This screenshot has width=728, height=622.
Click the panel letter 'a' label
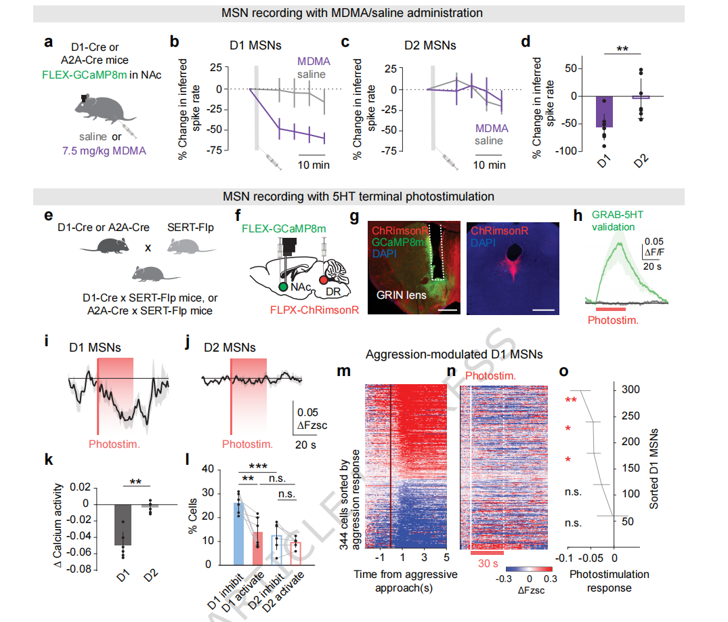pyautogui.click(x=48, y=41)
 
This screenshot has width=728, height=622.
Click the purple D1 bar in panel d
pyautogui.click(x=604, y=112)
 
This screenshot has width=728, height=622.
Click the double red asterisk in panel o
pyautogui.click(x=571, y=400)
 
